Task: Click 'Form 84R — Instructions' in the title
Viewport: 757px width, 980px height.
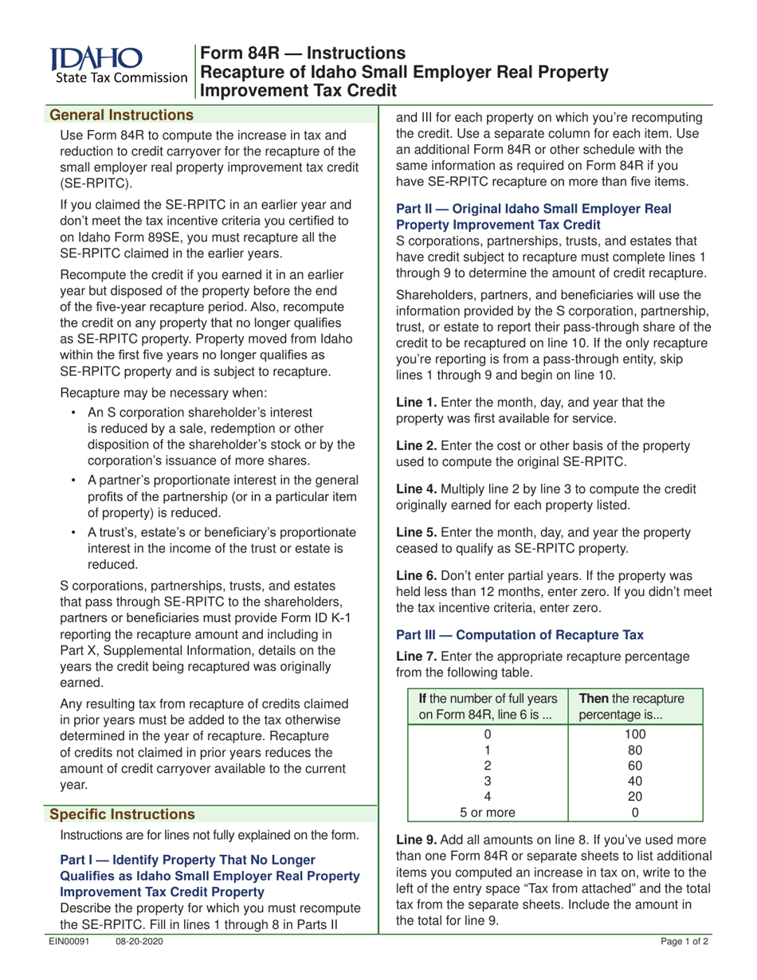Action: point(303,54)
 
